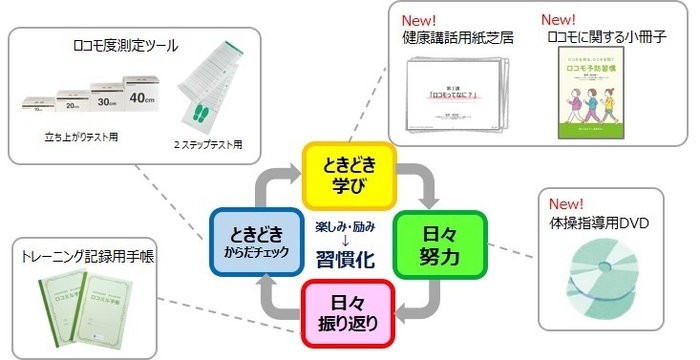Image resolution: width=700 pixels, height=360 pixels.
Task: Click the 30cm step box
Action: tap(103, 100)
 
